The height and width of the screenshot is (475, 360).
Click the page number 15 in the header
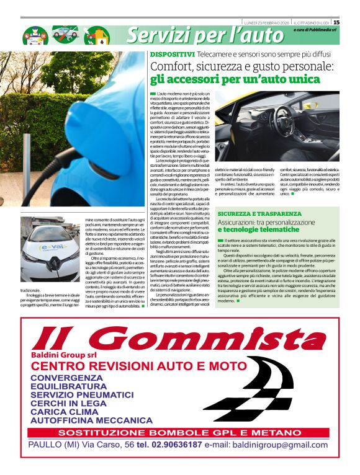[353, 22]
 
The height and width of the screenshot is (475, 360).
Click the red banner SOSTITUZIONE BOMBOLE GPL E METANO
[181, 432]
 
